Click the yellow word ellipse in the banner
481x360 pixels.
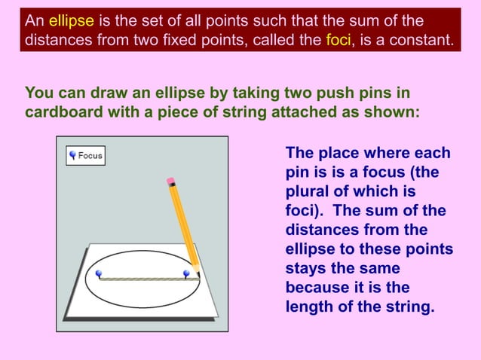pos(71,20)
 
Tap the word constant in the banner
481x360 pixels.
pos(416,39)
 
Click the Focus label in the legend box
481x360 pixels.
pos(90,156)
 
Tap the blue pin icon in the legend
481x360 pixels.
pos(73,156)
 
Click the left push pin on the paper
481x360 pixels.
pos(99,274)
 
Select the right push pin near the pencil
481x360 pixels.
pos(186,274)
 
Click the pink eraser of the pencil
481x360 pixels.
pos(170,181)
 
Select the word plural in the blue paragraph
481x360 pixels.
pos(309,192)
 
